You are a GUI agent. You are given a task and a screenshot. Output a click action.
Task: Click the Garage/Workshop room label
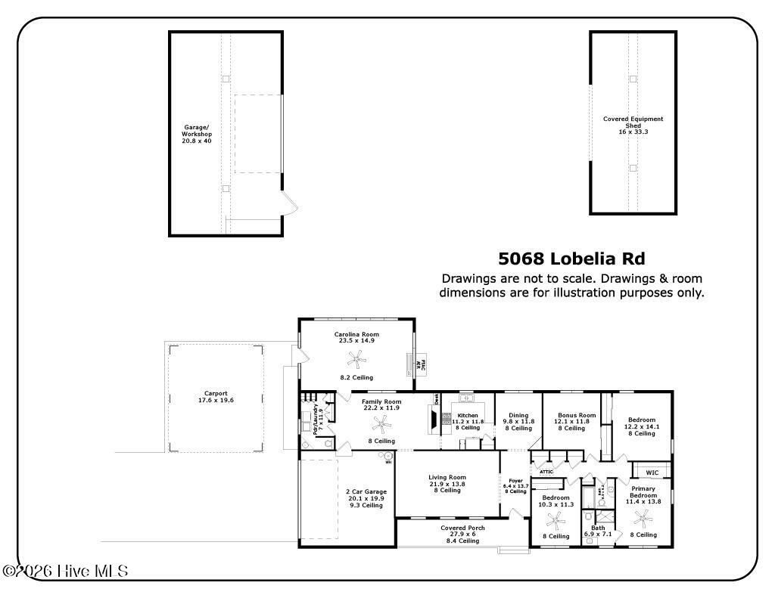pos(197,134)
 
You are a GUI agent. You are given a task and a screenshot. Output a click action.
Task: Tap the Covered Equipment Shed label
pos(633,125)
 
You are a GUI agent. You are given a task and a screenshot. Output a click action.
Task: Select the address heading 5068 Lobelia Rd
pos(571,259)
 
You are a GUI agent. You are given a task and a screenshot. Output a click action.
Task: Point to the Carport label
pos(216,396)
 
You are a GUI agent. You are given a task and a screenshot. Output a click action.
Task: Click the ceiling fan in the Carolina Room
pos(352,360)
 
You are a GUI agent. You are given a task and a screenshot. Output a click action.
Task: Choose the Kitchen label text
pos(467,420)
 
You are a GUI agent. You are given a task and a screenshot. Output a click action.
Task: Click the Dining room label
pos(518,421)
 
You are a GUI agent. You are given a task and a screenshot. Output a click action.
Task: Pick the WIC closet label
pos(652,473)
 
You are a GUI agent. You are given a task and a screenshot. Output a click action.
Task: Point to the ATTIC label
pos(546,472)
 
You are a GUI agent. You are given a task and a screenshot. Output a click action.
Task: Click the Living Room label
pos(447,483)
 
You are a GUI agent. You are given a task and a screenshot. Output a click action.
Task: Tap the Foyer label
pos(515,484)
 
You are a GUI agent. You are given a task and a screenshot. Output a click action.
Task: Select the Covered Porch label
pos(462,534)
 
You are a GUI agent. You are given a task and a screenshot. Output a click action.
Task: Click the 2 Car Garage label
pos(366,498)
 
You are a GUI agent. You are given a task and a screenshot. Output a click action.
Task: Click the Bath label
pos(597,531)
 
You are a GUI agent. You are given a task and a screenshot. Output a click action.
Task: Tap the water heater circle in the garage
pos(387,457)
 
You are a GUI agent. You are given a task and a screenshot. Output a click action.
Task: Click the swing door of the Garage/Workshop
pos(290,202)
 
